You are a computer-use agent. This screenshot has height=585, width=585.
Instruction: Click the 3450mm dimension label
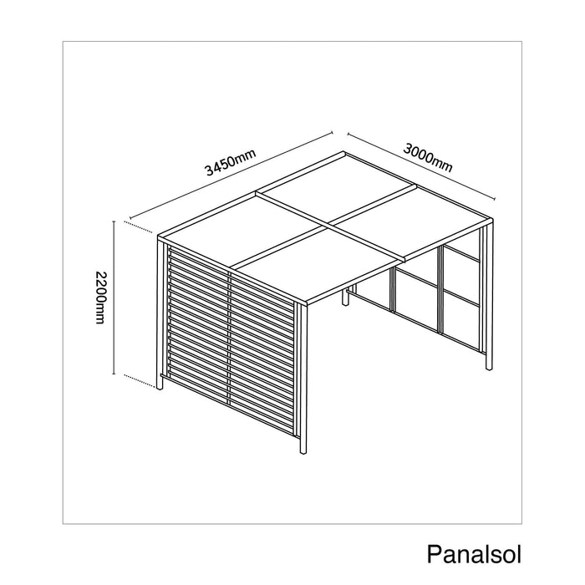[x=231, y=162]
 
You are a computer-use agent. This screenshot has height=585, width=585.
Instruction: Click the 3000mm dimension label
[x=428, y=158]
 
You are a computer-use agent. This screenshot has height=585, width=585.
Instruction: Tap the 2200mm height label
[x=101, y=298]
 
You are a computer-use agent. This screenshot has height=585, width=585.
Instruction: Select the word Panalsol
[x=474, y=554]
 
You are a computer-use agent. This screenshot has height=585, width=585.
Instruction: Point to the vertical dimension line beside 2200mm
[x=114, y=298]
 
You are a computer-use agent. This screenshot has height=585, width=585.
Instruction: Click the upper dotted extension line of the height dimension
[x=139, y=227]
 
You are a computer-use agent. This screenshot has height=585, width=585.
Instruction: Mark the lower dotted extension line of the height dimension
[x=140, y=381]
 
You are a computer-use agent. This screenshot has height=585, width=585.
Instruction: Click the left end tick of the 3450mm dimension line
[x=130, y=217]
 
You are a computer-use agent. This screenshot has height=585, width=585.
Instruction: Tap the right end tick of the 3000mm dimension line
[x=495, y=199]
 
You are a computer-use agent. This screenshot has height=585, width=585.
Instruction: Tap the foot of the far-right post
[x=489, y=368]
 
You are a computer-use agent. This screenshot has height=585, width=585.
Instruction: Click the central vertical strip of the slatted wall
[x=229, y=339]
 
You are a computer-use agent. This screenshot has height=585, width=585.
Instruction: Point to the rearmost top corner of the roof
[x=343, y=152]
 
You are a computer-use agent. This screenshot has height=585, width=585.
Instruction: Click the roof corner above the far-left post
[x=158, y=237]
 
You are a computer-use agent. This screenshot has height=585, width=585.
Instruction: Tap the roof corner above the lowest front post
[x=307, y=304]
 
